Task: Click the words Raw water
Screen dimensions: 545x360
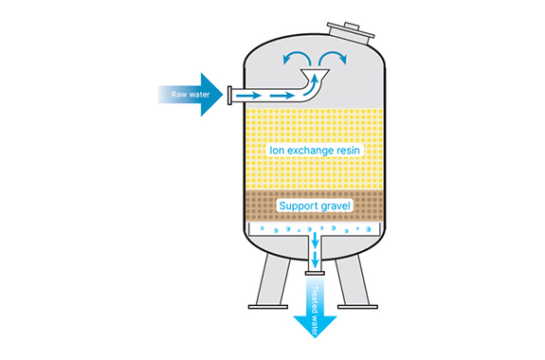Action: click(x=191, y=94)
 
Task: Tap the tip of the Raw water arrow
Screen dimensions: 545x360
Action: click(x=223, y=94)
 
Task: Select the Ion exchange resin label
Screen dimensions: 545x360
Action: click(x=315, y=151)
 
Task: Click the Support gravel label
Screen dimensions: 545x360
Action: click(x=315, y=206)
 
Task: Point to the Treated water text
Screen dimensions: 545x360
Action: click(x=315, y=311)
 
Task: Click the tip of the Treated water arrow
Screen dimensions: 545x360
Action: click(x=315, y=338)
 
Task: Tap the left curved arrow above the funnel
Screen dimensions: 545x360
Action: click(x=296, y=58)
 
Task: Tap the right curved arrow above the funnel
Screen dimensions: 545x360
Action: click(x=334, y=58)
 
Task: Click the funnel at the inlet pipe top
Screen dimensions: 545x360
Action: click(x=315, y=74)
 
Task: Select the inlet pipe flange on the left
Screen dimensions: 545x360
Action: click(x=229, y=95)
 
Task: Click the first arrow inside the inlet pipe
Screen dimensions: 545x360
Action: click(x=249, y=96)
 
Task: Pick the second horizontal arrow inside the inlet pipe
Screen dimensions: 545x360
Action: click(x=282, y=96)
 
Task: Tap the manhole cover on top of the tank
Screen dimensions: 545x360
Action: click(x=351, y=32)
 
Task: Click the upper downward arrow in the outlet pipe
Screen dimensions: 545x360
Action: click(x=315, y=241)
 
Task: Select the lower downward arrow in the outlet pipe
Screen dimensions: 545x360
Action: click(x=315, y=260)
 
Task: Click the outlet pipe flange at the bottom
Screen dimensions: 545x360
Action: click(x=315, y=273)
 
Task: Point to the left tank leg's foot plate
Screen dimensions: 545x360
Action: click(x=268, y=307)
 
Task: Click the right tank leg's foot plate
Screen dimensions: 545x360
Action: click(x=357, y=307)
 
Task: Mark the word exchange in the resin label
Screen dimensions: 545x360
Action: click(x=306, y=151)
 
